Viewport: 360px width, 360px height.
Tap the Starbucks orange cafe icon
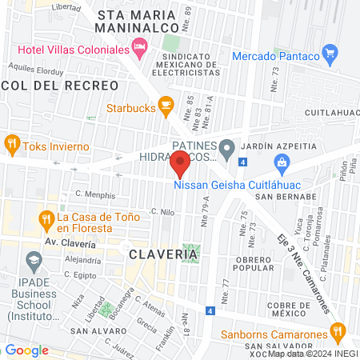pos(166,104)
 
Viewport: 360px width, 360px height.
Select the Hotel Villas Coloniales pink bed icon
pos(141,50)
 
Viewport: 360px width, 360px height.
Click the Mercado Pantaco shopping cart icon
pos(329,55)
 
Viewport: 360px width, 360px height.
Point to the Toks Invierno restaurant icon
pos(12,144)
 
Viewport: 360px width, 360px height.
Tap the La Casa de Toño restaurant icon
pos(48,218)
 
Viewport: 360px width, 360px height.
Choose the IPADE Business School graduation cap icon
pos(34,260)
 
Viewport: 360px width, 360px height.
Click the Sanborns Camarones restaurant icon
pos(338,330)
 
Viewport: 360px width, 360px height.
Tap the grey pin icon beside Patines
pos(227,146)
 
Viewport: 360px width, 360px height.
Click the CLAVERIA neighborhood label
pos(162,254)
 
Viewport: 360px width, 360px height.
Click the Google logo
pos(26,350)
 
